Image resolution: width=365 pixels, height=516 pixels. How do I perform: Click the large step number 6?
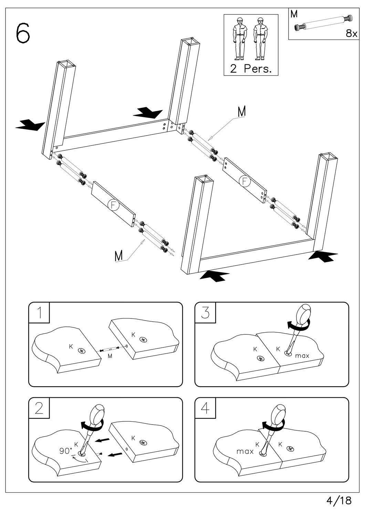pos(22,33)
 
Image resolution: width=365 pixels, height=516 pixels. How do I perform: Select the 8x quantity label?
pos(352,33)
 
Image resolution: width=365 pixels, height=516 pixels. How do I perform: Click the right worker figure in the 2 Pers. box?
pos(261,39)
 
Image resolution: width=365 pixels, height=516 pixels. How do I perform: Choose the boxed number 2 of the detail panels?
pos(39,408)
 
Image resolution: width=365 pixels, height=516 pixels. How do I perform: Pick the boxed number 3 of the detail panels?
pos(205,313)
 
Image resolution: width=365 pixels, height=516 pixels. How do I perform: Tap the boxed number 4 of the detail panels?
pos(205,408)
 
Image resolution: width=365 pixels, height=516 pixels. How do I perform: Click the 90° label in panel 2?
pos(66,451)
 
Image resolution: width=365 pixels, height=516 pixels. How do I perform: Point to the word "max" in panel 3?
pos(302,356)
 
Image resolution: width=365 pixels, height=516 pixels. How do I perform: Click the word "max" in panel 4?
pos(245,451)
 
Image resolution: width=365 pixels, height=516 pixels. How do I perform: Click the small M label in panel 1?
pos(110,356)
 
